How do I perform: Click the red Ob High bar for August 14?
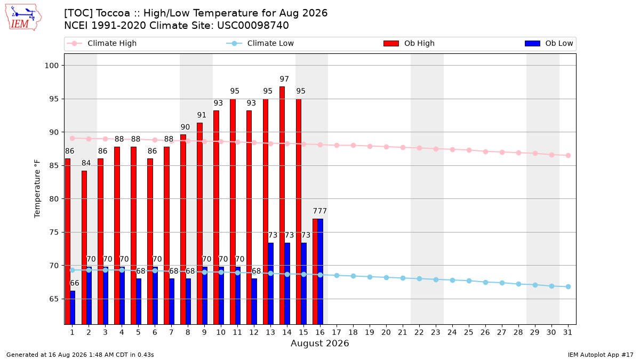[x=282, y=205]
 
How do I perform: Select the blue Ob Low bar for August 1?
[x=73, y=307]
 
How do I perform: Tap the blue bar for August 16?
[x=321, y=271]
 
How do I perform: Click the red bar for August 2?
[x=84, y=247]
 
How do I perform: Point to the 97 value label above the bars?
[x=284, y=79]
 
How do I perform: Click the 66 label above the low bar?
[x=75, y=283]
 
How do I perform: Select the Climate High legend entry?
[x=101, y=43]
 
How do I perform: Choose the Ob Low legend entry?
[x=549, y=43]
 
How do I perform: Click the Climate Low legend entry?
[x=260, y=43]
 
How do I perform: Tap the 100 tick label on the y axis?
[x=51, y=66]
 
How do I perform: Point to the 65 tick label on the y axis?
[x=54, y=299]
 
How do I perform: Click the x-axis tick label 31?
[x=567, y=333]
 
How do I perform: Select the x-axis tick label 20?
[x=386, y=333]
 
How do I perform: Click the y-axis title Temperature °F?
[x=37, y=189]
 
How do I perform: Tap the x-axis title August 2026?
[x=319, y=343]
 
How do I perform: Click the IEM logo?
[x=23, y=18]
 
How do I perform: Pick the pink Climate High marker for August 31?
[x=569, y=155]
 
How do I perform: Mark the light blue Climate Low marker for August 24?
[x=453, y=281]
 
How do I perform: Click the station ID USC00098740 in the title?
[x=253, y=26]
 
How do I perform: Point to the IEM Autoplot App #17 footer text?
[x=601, y=355]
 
